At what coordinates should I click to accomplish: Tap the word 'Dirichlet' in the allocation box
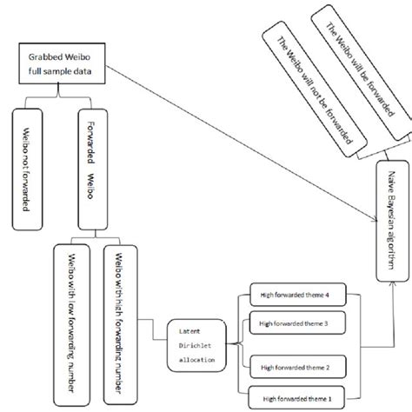[x=197, y=345]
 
